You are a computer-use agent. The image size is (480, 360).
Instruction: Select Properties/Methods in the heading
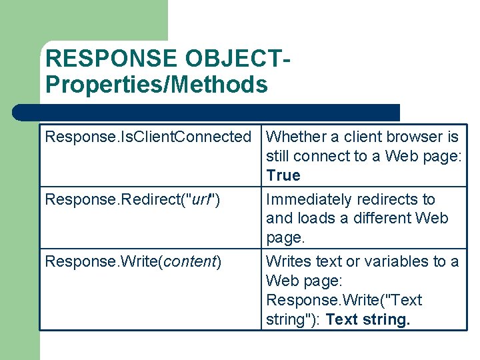[157, 85]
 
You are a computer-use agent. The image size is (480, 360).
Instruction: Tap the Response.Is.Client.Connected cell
[147, 137]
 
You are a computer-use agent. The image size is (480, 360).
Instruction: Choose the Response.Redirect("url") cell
[133, 199]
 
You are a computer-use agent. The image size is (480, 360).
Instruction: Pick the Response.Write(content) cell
[133, 261]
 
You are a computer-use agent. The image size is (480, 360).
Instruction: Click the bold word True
[283, 176]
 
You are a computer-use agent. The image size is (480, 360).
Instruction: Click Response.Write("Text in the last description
[344, 301]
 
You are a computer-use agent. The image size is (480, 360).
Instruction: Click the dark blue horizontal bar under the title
[207, 113]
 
